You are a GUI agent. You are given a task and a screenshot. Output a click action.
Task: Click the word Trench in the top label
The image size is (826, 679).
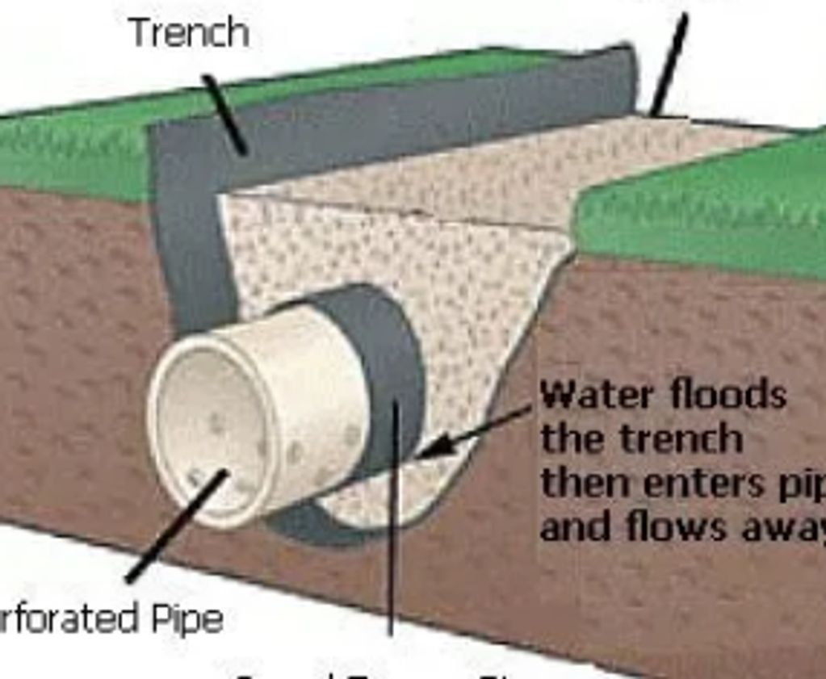(x=189, y=32)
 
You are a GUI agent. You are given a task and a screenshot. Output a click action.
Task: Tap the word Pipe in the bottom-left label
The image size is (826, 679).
(x=187, y=620)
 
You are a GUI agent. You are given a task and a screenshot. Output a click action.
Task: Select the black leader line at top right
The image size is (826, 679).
(x=669, y=65)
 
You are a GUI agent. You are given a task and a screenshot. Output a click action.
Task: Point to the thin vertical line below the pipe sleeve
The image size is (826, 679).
(x=393, y=565)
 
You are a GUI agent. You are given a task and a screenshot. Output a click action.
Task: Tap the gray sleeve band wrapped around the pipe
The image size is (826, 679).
(x=388, y=355)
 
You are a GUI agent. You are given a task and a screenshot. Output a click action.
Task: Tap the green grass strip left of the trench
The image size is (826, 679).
(x=73, y=153)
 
